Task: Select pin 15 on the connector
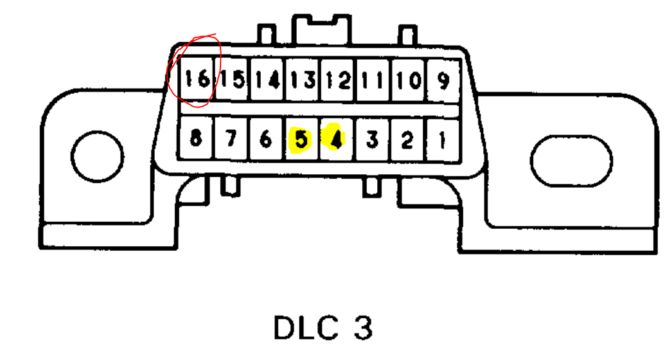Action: click(233, 80)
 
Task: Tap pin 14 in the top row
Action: click(267, 80)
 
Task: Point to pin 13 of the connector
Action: click(303, 80)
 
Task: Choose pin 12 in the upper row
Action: click(337, 80)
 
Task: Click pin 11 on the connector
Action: click(373, 80)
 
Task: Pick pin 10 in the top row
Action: click(408, 80)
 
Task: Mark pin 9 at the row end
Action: click(443, 80)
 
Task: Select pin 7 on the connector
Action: click(231, 139)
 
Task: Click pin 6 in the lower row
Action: click(266, 139)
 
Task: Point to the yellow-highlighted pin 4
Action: click(335, 139)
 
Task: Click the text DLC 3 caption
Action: click(323, 328)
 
